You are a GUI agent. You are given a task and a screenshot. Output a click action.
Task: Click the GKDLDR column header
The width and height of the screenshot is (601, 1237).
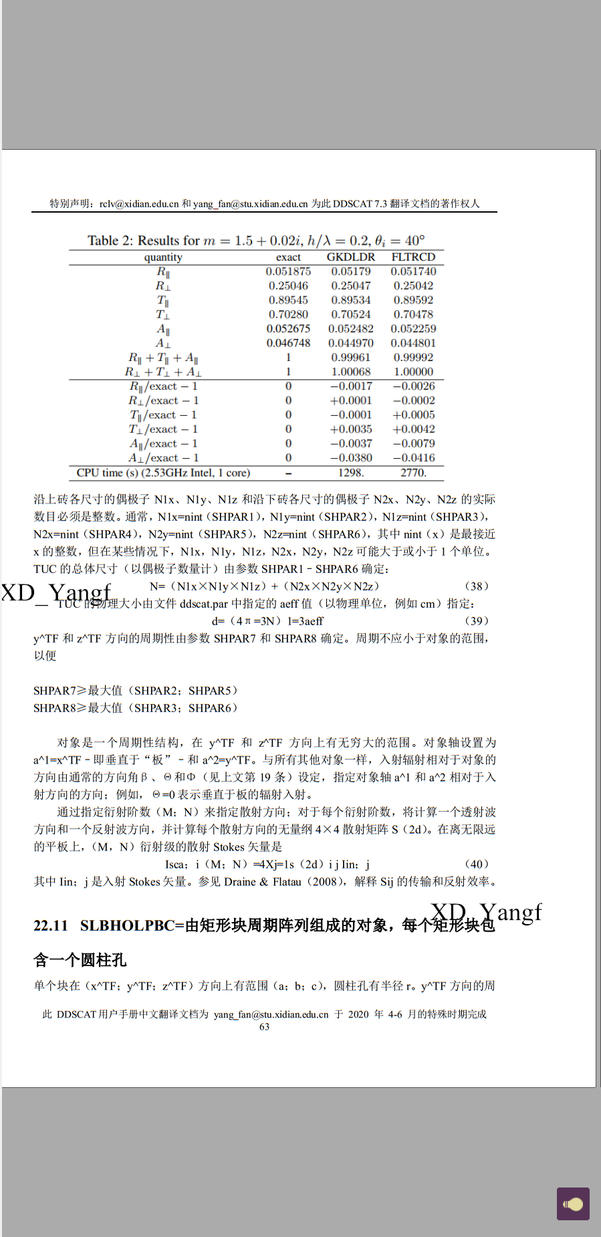click(350, 257)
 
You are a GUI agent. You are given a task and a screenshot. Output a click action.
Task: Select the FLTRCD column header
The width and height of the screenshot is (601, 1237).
click(413, 257)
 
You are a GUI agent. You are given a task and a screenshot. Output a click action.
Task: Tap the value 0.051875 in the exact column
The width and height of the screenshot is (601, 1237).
click(288, 271)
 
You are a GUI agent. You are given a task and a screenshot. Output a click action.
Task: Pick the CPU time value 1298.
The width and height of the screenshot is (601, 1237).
click(350, 473)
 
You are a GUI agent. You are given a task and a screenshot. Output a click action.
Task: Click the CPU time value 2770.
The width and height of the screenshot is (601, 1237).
click(413, 473)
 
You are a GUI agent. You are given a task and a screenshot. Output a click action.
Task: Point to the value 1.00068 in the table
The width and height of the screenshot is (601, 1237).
click(350, 372)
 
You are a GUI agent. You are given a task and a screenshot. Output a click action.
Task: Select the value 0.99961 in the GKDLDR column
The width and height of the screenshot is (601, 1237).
click(350, 358)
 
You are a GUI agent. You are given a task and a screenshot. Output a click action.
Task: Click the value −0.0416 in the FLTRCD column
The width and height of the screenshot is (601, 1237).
click(413, 458)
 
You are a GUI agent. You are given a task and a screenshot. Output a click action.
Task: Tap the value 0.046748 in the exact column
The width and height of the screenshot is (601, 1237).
click(288, 343)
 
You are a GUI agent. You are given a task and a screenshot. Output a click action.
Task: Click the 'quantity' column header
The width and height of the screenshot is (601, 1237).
click(163, 257)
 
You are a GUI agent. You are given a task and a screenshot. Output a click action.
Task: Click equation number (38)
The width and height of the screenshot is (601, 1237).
click(476, 586)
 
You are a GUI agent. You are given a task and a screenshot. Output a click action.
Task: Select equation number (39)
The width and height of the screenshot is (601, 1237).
click(476, 621)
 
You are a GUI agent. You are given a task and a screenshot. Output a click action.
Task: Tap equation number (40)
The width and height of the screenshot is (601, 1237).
click(476, 865)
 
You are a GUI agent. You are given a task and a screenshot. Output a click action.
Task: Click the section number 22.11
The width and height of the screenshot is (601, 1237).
click(51, 925)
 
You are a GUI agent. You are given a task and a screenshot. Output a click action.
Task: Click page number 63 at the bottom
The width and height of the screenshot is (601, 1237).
click(265, 1027)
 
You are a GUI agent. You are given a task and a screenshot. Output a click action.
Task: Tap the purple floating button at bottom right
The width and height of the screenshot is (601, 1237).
click(573, 1204)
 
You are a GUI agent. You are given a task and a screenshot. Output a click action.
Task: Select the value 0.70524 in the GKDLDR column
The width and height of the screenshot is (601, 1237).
click(350, 314)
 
